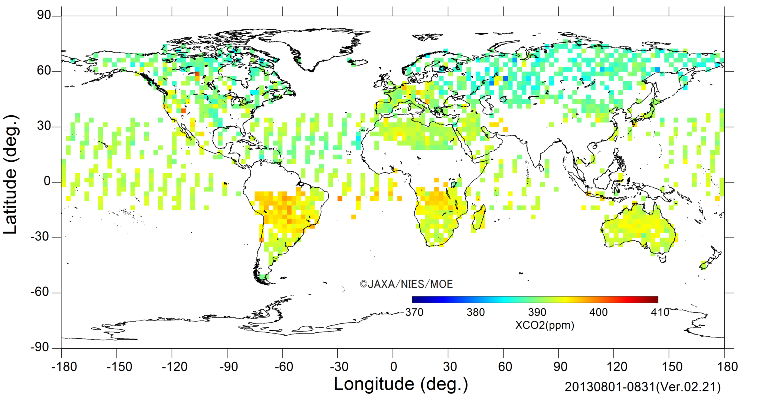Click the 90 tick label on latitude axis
[44, 15]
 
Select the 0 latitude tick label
[47, 181]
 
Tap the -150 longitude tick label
[119, 367]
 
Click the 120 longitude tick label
[616, 367]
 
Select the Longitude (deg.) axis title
[401, 384]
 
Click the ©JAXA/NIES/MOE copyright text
[406, 284]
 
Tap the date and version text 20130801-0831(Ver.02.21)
[642, 387]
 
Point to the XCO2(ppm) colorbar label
[544, 325]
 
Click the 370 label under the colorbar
[414, 312]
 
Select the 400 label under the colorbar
[598, 312]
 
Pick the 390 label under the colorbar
[537, 312]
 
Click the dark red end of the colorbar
[655, 300]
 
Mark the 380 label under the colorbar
[476, 312]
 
